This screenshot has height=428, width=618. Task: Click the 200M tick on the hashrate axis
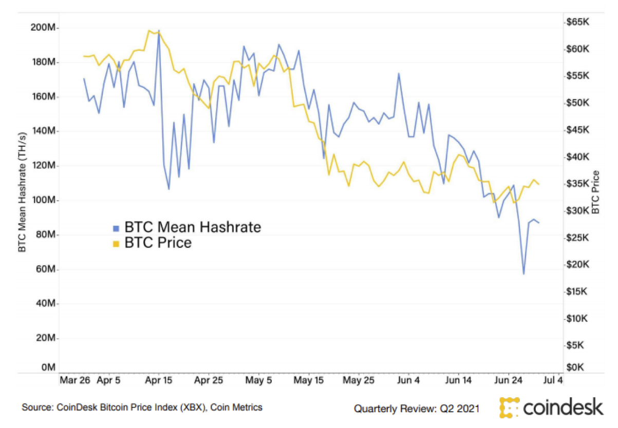tap(44, 28)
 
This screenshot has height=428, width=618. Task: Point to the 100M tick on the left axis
tap(44, 201)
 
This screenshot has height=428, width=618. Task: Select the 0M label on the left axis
tap(48, 368)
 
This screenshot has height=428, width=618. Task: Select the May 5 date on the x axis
tap(258, 381)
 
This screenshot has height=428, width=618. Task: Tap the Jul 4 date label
tap(553, 381)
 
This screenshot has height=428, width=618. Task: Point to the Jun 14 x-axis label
tap(457, 381)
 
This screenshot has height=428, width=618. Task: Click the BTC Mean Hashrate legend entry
tap(193, 227)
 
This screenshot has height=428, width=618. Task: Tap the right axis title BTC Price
tap(596, 192)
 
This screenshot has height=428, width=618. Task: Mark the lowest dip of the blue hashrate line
tap(523, 274)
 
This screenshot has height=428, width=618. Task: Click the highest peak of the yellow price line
tap(149, 30)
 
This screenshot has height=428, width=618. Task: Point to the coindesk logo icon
tap(509, 407)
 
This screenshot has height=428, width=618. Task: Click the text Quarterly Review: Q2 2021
tap(417, 409)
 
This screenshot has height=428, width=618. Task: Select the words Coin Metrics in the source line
tap(240, 407)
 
